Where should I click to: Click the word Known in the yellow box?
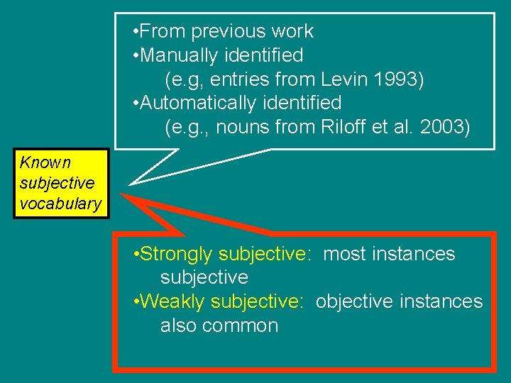45,162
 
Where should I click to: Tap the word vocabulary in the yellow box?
60,204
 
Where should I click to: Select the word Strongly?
177,254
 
